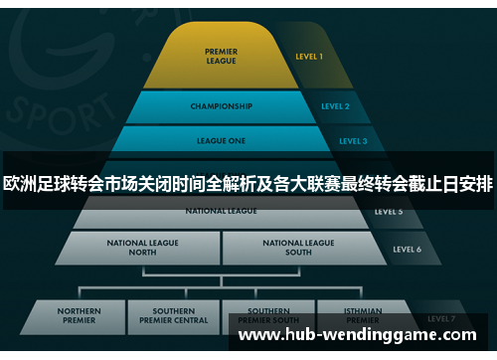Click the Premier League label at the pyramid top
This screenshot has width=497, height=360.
pos(221,56)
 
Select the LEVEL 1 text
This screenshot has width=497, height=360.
pos(308,57)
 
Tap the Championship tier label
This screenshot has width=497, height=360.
pos(222,105)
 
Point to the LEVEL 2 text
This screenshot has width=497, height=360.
pos(335,105)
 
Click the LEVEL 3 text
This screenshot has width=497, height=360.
pos(353,141)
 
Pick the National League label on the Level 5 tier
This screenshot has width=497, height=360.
pos(221,211)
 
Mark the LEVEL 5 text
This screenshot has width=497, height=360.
pos(389,212)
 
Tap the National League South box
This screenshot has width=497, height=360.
pos(298,247)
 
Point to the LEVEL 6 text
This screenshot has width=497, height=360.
pos(408,249)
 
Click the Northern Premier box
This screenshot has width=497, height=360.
pos(79,315)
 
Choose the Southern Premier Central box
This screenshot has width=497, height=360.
pos(174,315)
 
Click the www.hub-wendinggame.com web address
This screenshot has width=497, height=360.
pos(364,335)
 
